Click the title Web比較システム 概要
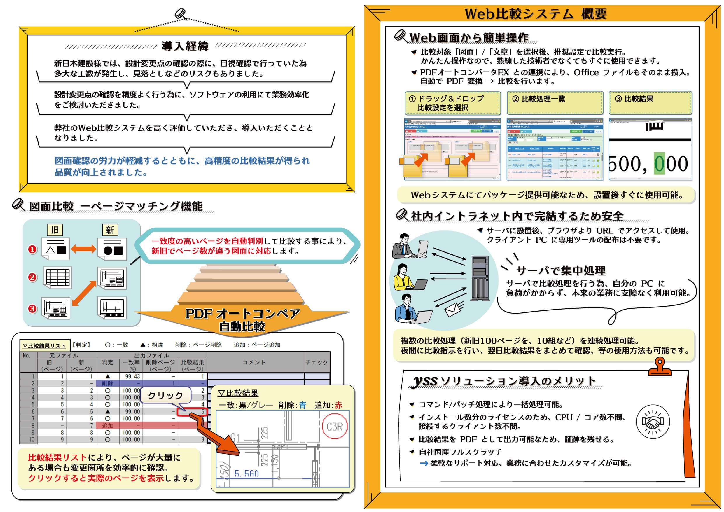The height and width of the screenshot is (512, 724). click(536, 14)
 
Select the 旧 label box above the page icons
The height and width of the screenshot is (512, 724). click(55, 230)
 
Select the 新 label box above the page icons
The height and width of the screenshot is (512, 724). click(110, 230)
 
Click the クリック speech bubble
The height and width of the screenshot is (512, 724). click(166, 395)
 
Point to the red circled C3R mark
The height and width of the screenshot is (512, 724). click(335, 427)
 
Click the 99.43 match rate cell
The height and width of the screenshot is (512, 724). click(132, 376)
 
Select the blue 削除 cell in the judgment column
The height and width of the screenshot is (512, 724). click(108, 383)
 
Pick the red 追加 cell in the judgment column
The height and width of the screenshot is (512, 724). click(108, 426)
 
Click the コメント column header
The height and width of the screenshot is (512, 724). click(254, 362)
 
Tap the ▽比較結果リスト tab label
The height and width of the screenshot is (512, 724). click(44, 345)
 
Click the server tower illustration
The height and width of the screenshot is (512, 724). click(480, 278)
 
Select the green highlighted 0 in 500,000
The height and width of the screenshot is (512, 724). click(659, 163)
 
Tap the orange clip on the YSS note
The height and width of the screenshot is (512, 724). click(659, 367)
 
